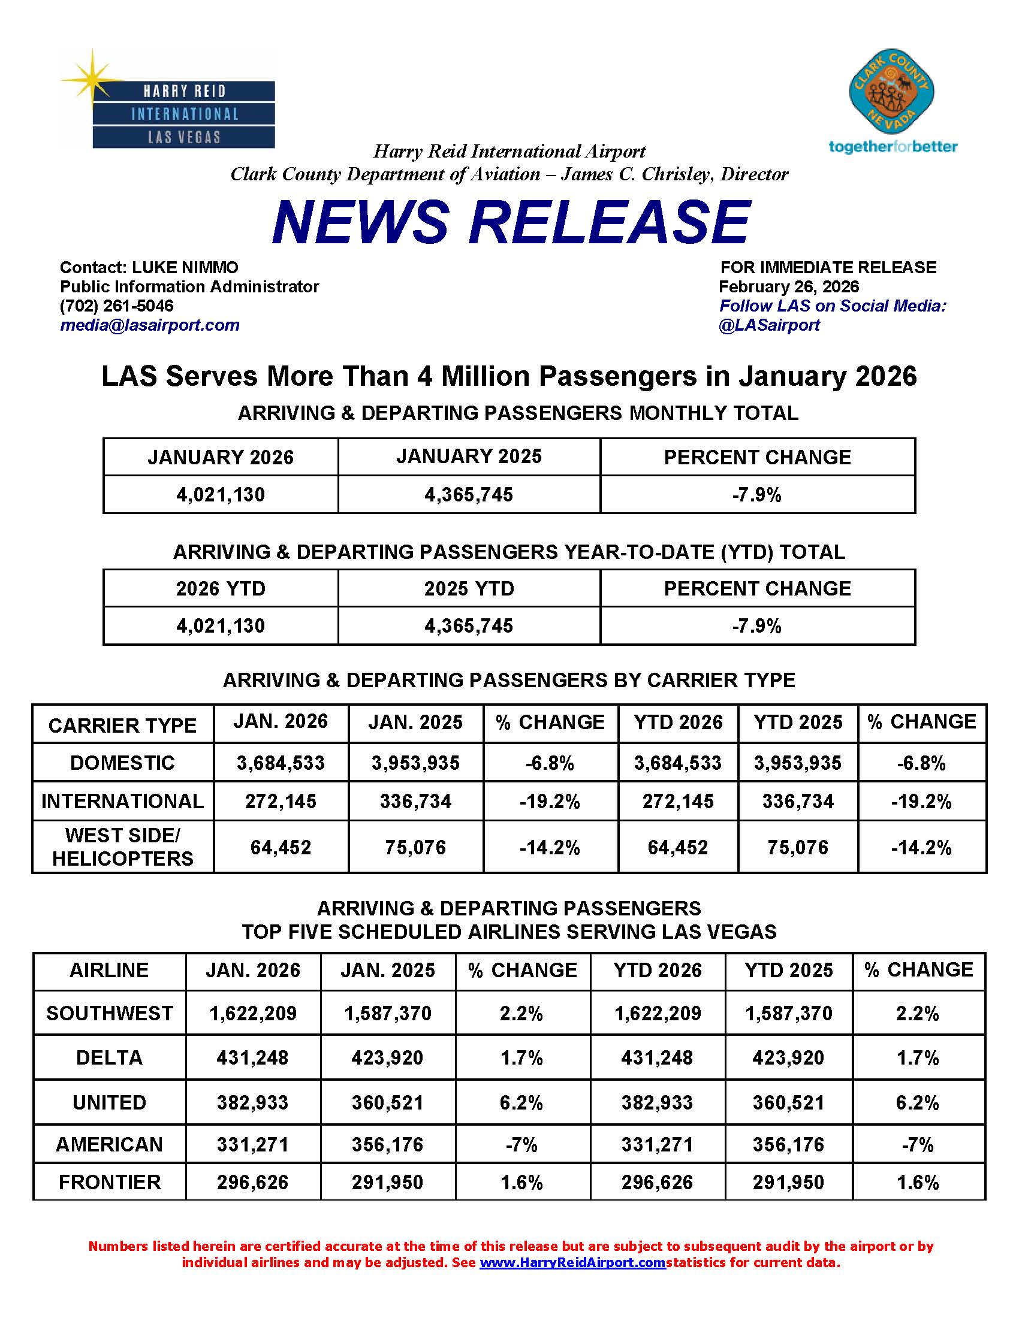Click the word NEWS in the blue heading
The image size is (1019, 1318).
coord(360,222)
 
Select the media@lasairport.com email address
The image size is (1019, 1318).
coord(150,325)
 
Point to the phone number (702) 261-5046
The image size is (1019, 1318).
coord(116,306)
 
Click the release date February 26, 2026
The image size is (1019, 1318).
coord(788,286)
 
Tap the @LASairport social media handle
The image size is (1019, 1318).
coord(769,325)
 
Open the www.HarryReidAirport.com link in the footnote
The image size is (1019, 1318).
coord(572,1262)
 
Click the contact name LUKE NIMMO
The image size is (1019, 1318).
coord(185,267)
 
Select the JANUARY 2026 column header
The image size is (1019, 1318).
coord(221,458)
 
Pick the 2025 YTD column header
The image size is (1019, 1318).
coord(469,588)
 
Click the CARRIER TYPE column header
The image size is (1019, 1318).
coord(122,725)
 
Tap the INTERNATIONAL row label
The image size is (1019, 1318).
coord(122,801)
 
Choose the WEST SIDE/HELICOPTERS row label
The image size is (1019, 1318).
coord(122,847)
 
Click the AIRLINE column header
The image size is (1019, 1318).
coord(109,970)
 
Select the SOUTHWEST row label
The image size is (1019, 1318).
coord(109,1013)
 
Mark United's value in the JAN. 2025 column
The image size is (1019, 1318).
coord(388,1102)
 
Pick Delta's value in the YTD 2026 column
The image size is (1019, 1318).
coord(658,1058)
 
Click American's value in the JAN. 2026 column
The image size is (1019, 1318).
coord(253,1144)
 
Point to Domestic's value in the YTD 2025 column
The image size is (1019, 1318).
coord(797,763)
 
